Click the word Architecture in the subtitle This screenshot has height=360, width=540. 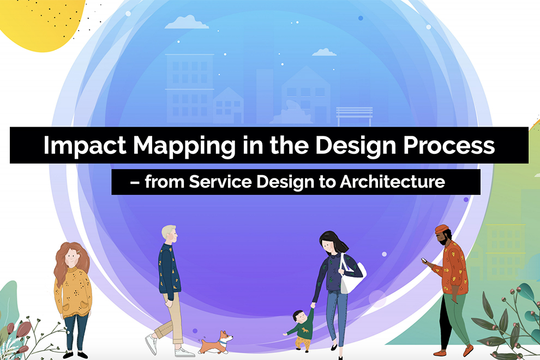point(393,182)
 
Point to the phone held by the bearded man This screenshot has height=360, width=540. point(423,260)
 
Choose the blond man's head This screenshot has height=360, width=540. point(170,235)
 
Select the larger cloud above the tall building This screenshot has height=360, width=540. point(187,23)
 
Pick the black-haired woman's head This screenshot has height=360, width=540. point(329,243)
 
